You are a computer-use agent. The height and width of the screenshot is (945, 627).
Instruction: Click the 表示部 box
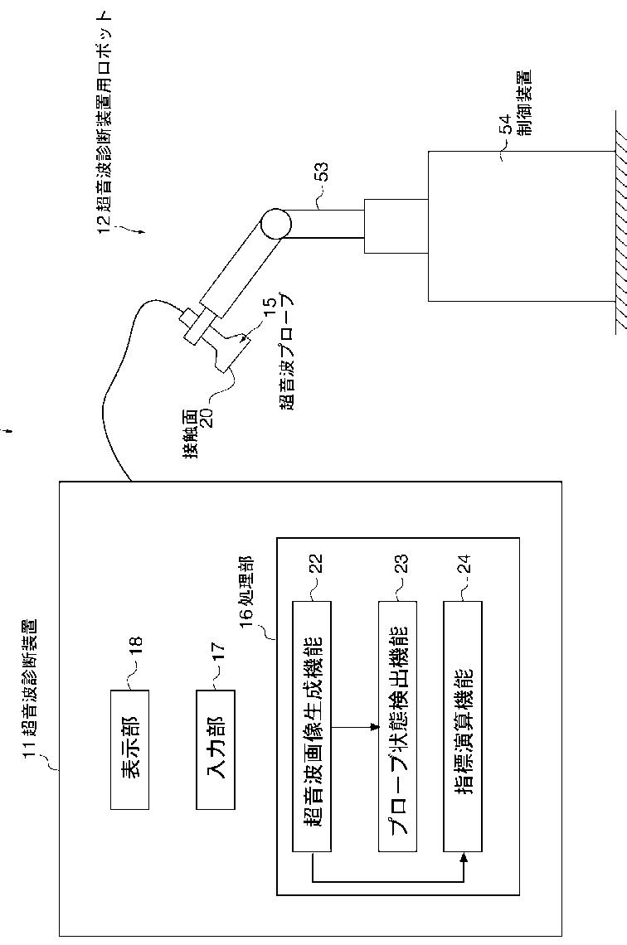pos(129,749)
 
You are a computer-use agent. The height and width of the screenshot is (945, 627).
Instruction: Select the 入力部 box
pos(215,749)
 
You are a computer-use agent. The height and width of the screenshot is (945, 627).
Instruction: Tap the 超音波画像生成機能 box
pos(312,726)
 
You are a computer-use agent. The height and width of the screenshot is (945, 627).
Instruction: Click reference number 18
pos(135,643)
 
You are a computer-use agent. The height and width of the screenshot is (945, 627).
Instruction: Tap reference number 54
pos(503,128)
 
